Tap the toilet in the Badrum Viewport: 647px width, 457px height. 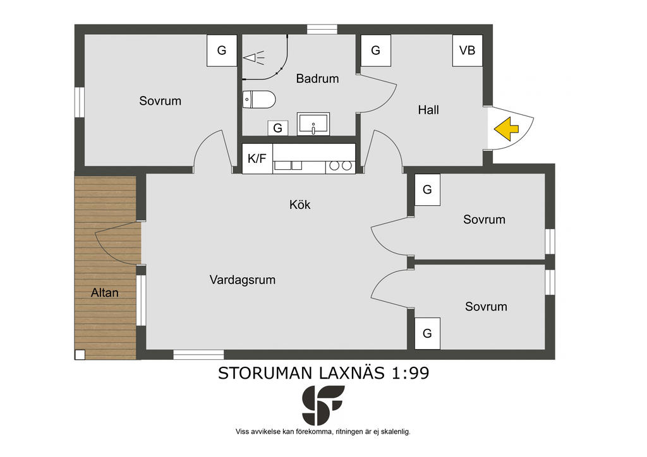pos(258,99)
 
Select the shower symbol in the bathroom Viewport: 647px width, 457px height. pos(253,57)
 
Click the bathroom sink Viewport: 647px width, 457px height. pos(313,124)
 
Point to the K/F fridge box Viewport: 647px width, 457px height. pos(257,158)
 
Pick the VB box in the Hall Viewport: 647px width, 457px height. pos(468,50)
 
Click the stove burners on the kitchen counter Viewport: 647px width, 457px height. pos(341,165)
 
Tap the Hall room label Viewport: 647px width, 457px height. pos(428,110)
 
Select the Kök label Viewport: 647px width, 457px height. pos(300,205)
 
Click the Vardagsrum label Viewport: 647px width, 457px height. pos(243,280)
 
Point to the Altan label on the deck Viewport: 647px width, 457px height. pos(105,293)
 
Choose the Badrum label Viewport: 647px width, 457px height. pos(317,78)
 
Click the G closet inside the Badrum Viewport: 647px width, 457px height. pos(278,128)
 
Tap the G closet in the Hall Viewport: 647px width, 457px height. pos(375,50)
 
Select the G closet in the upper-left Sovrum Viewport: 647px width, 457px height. pos(222,50)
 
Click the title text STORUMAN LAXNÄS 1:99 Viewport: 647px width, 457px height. pos(323,373)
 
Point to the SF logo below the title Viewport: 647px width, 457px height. pos(323,405)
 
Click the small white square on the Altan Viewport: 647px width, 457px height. pos(80,355)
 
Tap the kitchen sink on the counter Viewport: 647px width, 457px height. pos(287,165)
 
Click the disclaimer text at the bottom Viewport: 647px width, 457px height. pos(323,432)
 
